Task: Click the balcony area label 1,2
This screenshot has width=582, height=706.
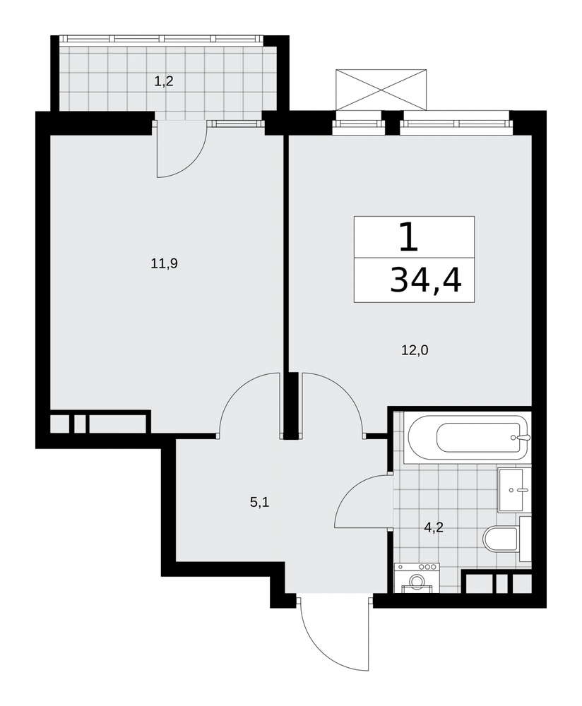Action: click(164, 81)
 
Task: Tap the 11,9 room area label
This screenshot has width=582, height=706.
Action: click(164, 263)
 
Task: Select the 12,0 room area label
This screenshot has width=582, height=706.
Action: click(415, 350)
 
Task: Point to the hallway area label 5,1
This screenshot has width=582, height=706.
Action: click(259, 502)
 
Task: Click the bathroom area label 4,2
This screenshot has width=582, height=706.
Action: click(434, 527)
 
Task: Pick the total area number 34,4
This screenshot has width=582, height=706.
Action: click(426, 280)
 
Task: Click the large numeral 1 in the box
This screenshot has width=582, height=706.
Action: click(409, 238)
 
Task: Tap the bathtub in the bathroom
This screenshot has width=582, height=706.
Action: click(467, 437)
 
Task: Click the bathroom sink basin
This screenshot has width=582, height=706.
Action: click(511, 489)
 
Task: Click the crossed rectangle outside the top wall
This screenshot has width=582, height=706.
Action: click(381, 90)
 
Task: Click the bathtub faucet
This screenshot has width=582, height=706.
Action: click(523, 437)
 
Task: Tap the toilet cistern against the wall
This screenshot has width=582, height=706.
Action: click(525, 539)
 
